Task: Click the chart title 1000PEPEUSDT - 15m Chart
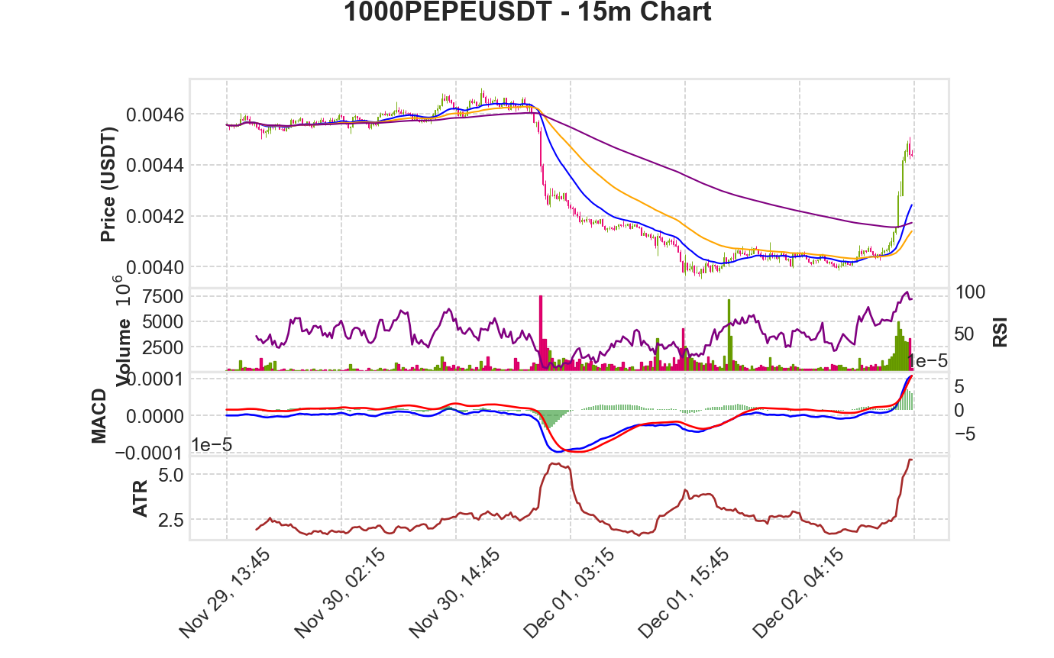pos(527,11)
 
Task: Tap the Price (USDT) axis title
pos(108,185)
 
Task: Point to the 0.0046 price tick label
pos(155,115)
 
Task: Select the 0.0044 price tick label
pos(155,166)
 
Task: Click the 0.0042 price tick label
pos(155,217)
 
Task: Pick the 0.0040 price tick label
pos(155,268)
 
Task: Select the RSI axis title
pos(1001,333)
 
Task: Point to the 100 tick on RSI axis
pos(970,292)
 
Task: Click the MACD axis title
pos(99,416)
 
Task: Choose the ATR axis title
pos(141,498)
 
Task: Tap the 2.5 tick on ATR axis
pos(171,520)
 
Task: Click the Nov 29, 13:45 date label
pos(225,594)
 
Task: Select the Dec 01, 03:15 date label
pos(568,594)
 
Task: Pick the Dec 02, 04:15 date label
pos(798,594)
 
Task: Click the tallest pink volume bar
pos(541,333)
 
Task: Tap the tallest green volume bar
pos(729,335)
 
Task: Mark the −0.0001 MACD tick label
pos(149,453)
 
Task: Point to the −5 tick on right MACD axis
pos(965,434)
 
